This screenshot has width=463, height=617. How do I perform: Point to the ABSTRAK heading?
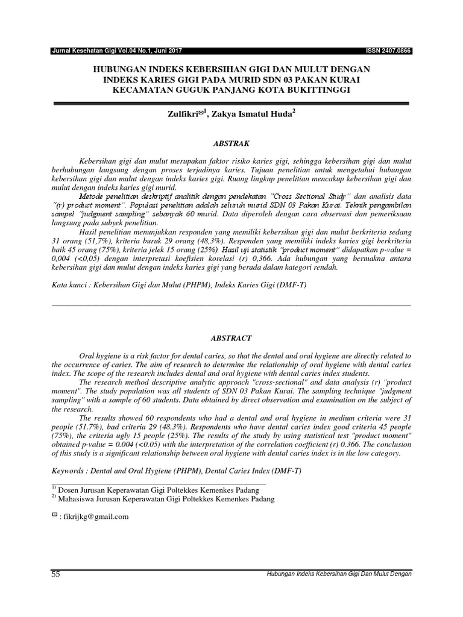pos(232,144)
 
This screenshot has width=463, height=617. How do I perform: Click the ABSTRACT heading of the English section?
pos(232,339)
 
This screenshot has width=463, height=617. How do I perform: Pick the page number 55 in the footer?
pos(56,575)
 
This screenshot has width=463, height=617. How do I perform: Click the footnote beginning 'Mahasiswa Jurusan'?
pos(166,499)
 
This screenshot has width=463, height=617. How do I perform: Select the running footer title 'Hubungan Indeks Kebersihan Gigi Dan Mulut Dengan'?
pos(339,574)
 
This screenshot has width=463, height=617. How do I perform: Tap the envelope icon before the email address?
pos(55,516)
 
